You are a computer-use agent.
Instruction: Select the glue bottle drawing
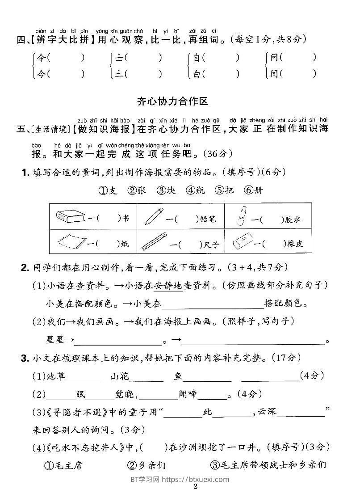(241, 216)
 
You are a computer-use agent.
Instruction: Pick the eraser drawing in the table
(244, 242)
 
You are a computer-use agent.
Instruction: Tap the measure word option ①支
(108, 190)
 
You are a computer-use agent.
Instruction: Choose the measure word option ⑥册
(253, 190)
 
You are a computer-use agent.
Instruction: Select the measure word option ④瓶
(195, 190)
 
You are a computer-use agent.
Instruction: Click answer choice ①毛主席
(63, 465)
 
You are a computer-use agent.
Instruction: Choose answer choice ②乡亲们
(146, 465)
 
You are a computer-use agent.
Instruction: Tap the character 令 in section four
(41, 58)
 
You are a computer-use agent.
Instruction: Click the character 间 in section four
(274, 73)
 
